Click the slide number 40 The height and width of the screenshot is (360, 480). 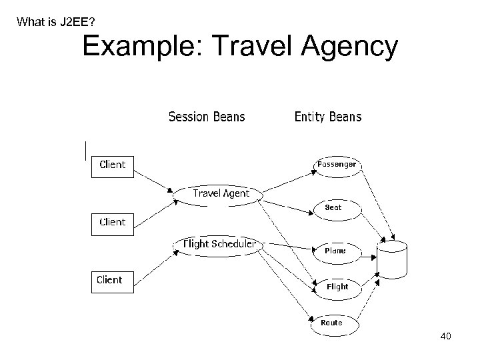click(446, 336)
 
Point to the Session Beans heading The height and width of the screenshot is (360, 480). click(207, 117)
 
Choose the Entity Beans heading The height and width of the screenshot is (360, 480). click(328, 117)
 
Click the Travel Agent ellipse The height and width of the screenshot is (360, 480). click(219, 194)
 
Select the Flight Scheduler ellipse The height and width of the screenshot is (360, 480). click(219, 245)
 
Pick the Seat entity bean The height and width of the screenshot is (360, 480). click(335, 207)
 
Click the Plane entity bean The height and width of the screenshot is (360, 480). click(336, 251)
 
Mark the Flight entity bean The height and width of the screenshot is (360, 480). click(337, 287)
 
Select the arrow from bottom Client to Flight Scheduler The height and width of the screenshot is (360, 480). click(155, 261)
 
